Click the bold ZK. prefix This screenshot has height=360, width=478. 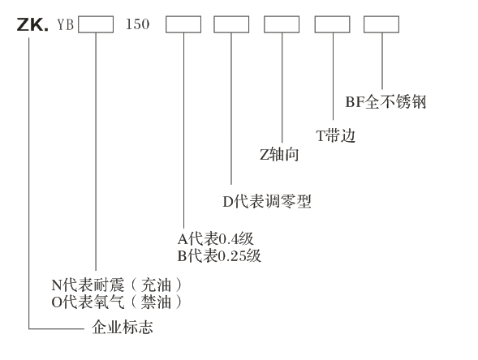[x=32, y=24]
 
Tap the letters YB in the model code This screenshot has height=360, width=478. [x=66, y=24]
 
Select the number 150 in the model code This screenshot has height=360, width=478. [x=137, y=24]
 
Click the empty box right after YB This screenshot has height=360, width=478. [x=96, y=24]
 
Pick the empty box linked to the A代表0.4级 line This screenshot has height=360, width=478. [x=183, y=24]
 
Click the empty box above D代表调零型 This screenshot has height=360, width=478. [x=231, y=24]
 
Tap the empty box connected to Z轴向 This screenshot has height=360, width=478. [x=282, y=24]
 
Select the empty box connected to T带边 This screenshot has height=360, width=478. [x=332, y=24]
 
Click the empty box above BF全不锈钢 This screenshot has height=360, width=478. [x=381, y=24]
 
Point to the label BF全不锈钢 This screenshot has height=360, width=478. [x=385, y=101]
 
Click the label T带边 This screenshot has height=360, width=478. [x=336, y=135]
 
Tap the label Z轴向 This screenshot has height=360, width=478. [x=279, y=154]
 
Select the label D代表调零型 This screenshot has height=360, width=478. [x=267, y=201]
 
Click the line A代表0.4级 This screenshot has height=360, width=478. [x=216, y=238]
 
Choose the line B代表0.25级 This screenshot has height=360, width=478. [x=219, y=255]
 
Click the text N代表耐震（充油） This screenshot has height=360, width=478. [x=117, y=285]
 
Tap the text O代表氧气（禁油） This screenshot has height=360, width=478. [x=117, y=302]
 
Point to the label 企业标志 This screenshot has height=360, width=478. [x=123, y=328]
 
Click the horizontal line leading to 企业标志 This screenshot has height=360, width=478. [x=56, y=329]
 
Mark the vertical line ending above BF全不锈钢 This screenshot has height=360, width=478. [x=382, y=61]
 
